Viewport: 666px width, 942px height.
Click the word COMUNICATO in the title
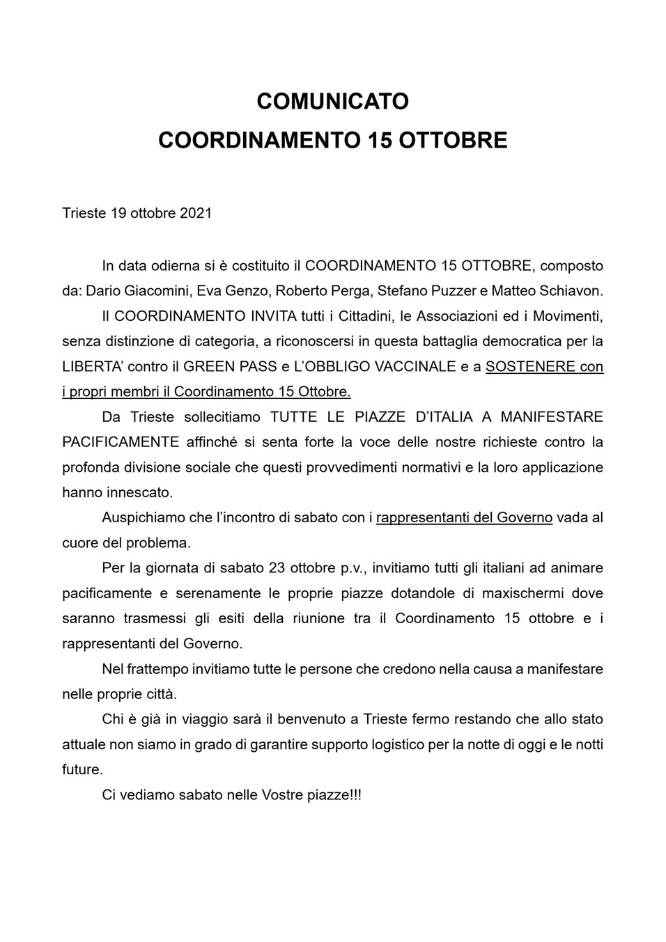(332, 102)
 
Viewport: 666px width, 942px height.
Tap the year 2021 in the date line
(196, 213)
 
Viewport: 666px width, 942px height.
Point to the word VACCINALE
(416, 367)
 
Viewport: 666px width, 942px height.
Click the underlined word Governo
(523, 517)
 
